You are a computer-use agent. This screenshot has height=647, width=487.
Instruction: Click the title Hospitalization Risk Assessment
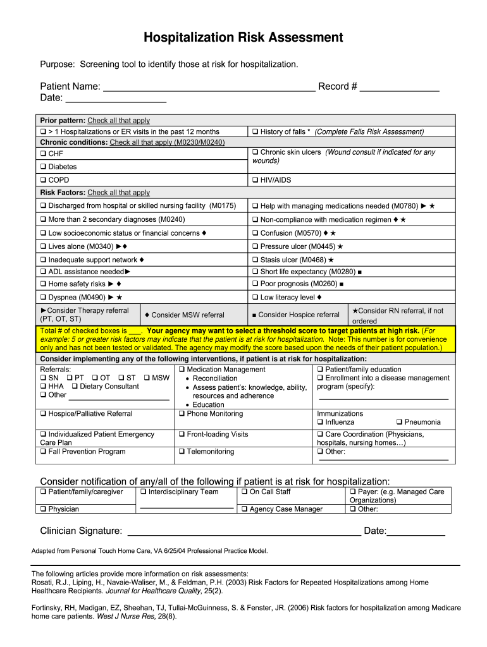pos(243,38)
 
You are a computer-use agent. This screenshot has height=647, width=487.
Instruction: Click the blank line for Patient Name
pos(209,87)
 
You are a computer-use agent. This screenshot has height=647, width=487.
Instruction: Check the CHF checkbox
pos(43,154)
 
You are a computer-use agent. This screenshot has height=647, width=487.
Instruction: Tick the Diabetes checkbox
pos(43,167)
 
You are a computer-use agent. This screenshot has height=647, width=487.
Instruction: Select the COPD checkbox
pos(43,181)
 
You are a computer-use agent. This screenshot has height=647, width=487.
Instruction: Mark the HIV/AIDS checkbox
pos(255,181)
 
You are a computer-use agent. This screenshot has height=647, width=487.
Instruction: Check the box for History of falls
pos(255,132)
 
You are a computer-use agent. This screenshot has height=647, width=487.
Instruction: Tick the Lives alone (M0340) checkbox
pos(43,247)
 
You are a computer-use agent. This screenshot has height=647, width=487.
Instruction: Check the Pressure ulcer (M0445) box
pos(255,247)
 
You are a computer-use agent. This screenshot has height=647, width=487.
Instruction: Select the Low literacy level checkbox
pos(255,298)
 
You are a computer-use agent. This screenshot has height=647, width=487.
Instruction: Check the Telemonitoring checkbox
pos(182,452)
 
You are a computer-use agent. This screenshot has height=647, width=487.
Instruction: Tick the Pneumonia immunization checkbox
pos(399,422)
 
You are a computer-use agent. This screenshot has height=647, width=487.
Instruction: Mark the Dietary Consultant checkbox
pos(75,387)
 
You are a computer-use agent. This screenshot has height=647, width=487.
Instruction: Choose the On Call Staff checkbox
pos(244,492)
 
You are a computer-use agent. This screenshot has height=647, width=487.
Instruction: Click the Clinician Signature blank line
pos(244,531)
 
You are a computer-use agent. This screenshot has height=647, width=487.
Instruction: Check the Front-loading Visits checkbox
pos(182,435)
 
